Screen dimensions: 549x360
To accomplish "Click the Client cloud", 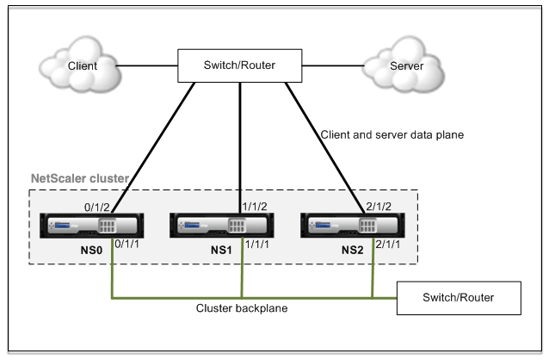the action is pos(81,65).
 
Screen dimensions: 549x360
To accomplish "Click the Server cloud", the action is pos(404,65).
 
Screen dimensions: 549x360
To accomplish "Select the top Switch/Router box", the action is pos(240,65).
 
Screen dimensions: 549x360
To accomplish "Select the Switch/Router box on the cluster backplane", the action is pos(459,298).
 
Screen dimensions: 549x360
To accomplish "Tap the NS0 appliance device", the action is pos(92,226).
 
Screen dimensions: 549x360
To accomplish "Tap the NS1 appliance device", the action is pos(222,226).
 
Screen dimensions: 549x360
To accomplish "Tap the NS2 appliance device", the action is pos(353,226).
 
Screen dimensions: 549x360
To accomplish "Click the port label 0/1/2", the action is pos(97,208).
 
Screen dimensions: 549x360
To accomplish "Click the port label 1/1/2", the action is pos(255,207).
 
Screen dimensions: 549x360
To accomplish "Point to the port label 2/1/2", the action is pos(379,207).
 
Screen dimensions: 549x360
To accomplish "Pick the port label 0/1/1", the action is pos(126,244).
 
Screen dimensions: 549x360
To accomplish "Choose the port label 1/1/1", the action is pos(257,245).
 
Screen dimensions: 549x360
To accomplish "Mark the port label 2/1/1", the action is pos(387,245).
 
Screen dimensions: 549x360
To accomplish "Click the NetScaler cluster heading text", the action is pos(80,178).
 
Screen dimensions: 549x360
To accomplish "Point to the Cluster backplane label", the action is pos(242,308).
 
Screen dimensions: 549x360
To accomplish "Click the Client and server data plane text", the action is pos(392,135).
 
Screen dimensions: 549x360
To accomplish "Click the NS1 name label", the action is pos(221,251).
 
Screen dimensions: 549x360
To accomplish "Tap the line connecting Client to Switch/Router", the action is pos(146,65).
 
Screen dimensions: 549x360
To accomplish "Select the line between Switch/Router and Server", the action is pos(333,65).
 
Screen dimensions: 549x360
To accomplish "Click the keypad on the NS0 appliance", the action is pos(108,226).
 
